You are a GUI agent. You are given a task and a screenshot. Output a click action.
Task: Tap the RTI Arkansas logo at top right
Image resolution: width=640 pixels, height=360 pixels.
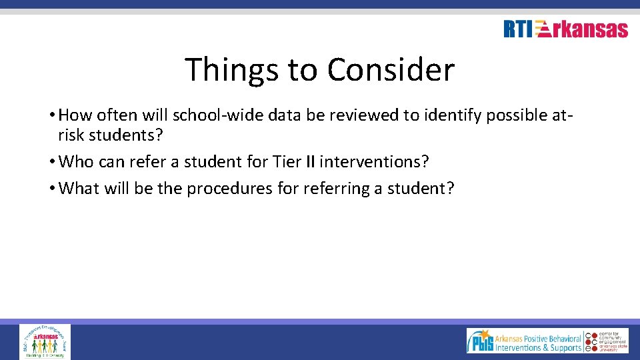pos(565,29)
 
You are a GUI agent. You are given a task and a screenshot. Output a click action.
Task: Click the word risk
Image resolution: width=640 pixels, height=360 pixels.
pos(71,135)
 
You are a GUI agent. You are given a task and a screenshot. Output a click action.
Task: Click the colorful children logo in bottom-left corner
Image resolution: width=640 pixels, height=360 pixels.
pos(45,341)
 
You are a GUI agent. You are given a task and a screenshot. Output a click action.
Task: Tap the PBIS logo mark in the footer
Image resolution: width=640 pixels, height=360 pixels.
pos(480,341)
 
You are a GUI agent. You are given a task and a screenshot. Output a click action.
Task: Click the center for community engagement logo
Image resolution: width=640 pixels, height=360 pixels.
pos(607,341)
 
